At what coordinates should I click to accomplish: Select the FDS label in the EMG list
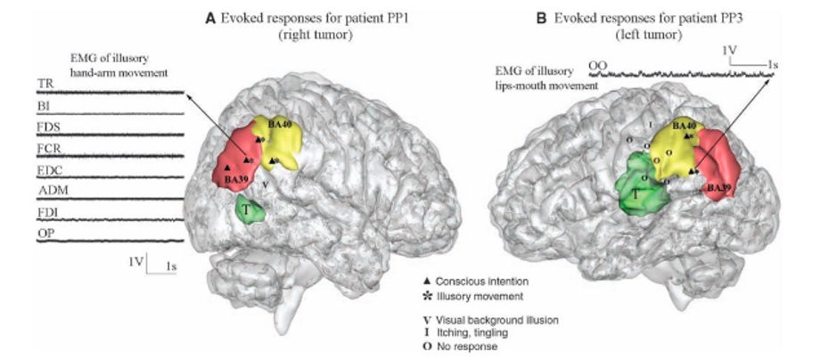tap(47, 127)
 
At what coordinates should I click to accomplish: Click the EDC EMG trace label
tap(48, 169)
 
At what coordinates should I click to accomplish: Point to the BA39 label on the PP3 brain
tap(719, 188)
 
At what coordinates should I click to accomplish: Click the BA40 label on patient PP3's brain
tap(684, 127)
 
